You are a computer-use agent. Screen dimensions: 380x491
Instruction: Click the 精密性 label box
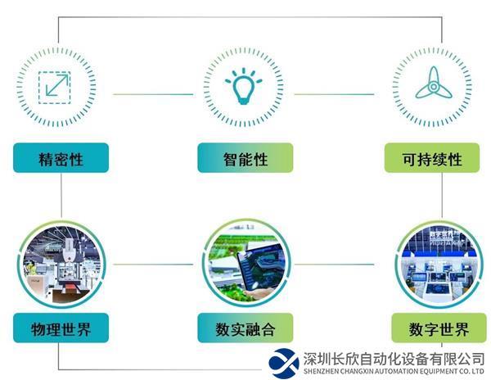coord(61,157)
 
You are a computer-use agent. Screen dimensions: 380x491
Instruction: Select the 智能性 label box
coord(245,157)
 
